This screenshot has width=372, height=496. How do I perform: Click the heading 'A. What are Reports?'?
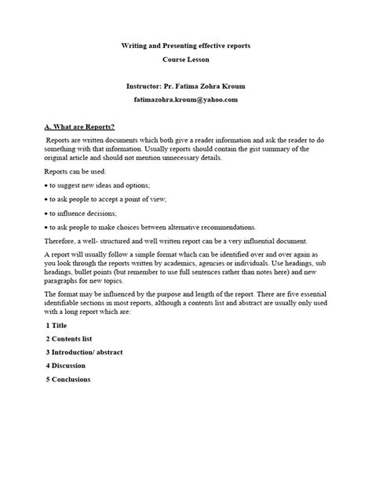pyautogui.click(x=79, y=127)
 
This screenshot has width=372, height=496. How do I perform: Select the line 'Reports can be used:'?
pyautogui.click(x=75, y=170)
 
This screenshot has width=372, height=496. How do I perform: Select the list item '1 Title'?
pyautogui.click(x=57, y=324)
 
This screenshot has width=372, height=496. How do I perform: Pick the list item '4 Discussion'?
pyautogui.click(x=67, y=366)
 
